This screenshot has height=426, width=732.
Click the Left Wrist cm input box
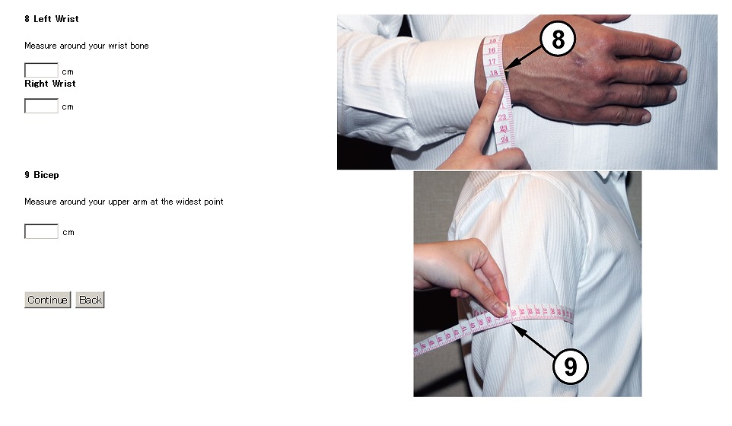(x=41, y=70)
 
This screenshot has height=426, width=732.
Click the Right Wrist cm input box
(x=41, y=106)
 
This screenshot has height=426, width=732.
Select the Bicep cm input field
(x=41, y=231)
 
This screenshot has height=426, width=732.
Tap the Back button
(x=90, y=300)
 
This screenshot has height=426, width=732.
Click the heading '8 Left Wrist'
(x=51, y=19)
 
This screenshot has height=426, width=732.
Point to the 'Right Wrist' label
(x=50, y=84)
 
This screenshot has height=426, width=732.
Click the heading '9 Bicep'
(x=42, y=175)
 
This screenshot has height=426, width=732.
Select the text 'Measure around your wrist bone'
(x=87, y=46)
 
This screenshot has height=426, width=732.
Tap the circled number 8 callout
(x=558, y=39)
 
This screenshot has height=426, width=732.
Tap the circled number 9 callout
(x=570, y=366)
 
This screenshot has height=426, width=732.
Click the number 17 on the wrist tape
(x=492, y=62)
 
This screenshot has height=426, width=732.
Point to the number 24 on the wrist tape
(x=504, y=139)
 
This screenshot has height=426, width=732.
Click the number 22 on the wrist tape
(x=502, y=116)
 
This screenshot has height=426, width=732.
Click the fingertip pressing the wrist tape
(x=495, y=87)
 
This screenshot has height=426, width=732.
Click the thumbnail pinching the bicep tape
(x=499, y=308)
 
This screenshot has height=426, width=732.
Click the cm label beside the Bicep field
(x=68, y=232)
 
